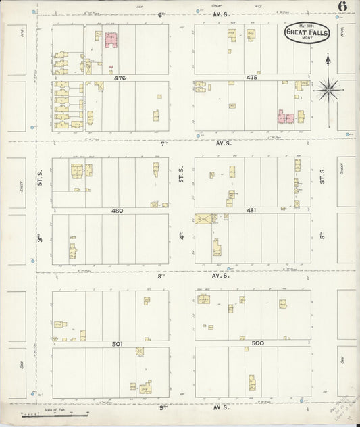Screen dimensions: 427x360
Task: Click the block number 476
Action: pyautogui.click(x=120, y=78)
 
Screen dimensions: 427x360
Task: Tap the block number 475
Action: pyautogui.click(x=252, y=78)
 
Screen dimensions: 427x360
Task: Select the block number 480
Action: pyautogui.click(x=117, y=211)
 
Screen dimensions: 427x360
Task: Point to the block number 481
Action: pyautogui.click(x=251, y=210)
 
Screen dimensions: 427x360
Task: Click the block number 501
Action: pyautogui.click(x=117, y=344)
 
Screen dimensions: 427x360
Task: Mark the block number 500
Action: pyautogui.click(x=257, y=343)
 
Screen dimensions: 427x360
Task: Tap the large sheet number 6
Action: pyautogui.click(x=343, y=7)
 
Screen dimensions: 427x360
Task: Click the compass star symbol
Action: pyautogui.click(x=329, y=88)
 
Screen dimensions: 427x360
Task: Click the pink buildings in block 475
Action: pyautogui.click(x=286, y=118)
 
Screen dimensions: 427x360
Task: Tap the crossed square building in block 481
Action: pyautogui.click(x=203, y=219)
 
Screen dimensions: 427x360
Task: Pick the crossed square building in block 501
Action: pyautogui.click(x=140, y=352)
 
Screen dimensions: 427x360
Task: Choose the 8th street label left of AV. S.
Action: pyautogui.click(x=162, y=276)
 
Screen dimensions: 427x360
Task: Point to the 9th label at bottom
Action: pyautogui.click(x=163, y=408)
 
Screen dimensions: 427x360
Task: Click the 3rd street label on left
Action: pyautogui.click(x=40, y=239)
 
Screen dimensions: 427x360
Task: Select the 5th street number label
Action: pyautogui.click(x=323, y=237)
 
